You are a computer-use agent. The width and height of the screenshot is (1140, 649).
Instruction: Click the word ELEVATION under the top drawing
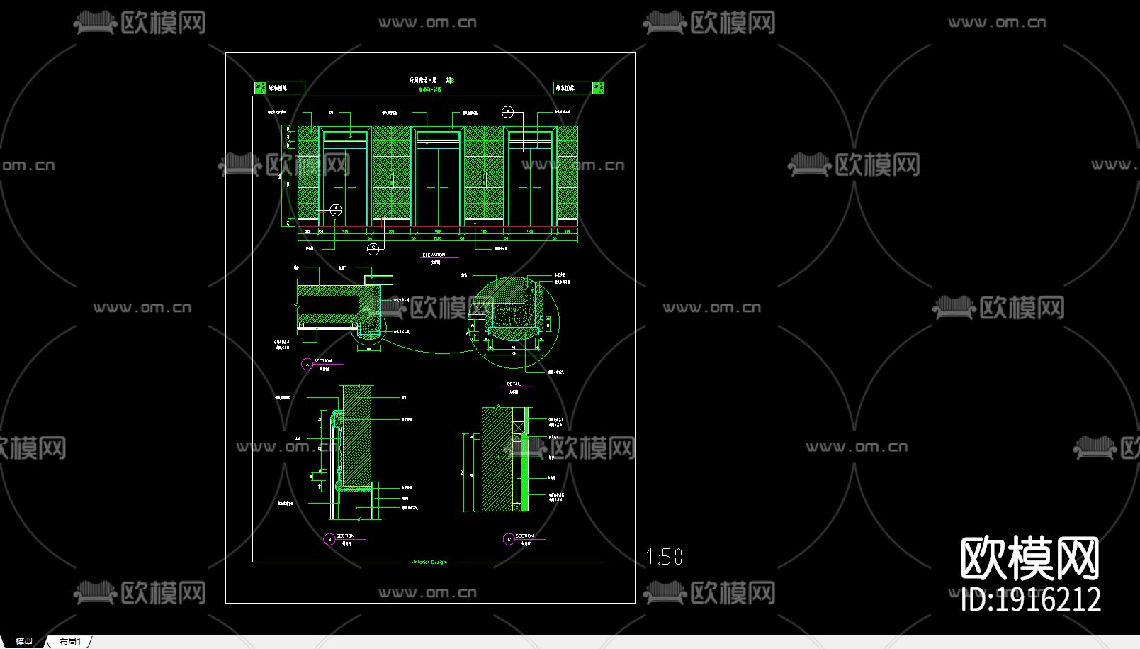point(434,255)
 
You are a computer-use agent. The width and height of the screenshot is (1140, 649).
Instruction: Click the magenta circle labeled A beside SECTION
point(307,364)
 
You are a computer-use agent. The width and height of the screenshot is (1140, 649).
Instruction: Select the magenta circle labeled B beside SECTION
point(329,540)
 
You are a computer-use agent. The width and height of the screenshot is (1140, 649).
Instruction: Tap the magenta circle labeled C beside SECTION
point(508,540)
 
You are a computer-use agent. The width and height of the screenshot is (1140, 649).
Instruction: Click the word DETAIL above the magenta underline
point(514,384)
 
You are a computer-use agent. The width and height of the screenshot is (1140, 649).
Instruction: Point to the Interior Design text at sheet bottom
point(429,562)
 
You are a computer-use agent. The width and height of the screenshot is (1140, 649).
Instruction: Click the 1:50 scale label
point(665,557)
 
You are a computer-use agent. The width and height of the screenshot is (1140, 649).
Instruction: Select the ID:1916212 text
point(1031,600)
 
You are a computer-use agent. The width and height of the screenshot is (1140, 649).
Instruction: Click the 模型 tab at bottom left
point(23,641)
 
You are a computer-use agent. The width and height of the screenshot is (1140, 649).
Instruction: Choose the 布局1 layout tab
point(70,641)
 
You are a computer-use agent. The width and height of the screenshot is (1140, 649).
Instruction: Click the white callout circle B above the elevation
point(508,112)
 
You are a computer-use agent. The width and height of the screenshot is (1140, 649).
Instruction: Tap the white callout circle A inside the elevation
point(336,210)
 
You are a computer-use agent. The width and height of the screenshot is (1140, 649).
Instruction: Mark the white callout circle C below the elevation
point(373,248)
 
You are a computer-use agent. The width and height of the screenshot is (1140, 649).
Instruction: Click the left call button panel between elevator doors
point(392,179)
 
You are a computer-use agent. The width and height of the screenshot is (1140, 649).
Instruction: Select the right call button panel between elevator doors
point(485,179)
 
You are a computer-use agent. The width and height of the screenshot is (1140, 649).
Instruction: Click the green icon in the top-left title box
point(260,88)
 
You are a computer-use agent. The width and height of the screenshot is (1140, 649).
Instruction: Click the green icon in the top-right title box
point(598,88)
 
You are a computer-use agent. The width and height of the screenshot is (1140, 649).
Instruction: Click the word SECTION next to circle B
point(345,536)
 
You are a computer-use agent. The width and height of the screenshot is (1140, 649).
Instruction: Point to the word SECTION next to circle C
point(524,536)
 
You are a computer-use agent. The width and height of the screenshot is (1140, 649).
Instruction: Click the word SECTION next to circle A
point(323,361)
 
